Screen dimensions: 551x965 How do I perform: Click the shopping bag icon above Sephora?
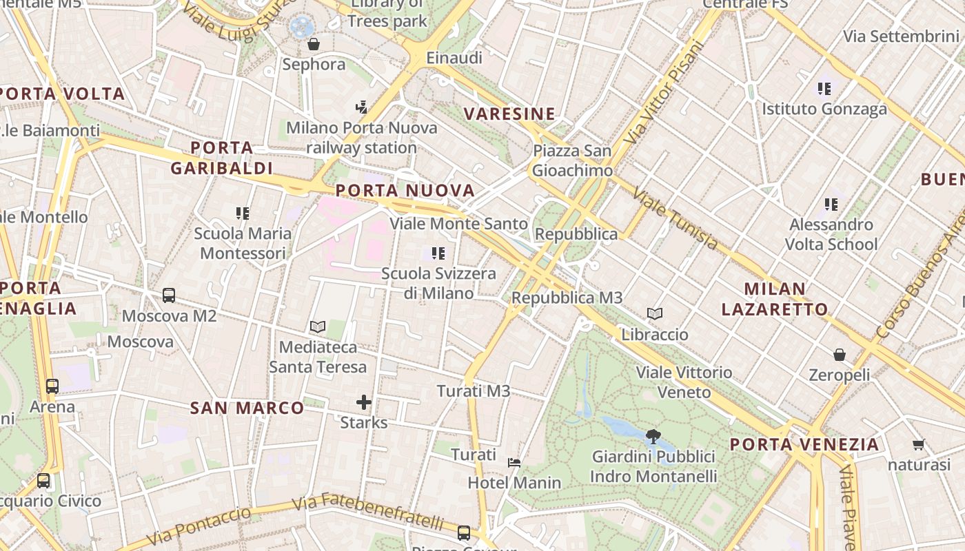tap(314, 45)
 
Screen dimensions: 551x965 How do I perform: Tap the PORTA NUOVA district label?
tap(405, 190)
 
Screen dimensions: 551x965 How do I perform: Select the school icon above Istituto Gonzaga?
tap(824, 89)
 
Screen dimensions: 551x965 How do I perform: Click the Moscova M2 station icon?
tap(169, 295)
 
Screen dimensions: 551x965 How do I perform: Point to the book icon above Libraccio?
tap(655, 314)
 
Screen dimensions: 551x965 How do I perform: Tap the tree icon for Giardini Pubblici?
tap(653, 436)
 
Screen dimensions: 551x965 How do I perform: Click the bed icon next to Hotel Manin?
tap(514, 462)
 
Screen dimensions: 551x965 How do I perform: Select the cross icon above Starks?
tap(364, 402)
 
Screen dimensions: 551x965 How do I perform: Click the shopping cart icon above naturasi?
tap(918, 445)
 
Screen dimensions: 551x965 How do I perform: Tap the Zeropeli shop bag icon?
tap(840, 355)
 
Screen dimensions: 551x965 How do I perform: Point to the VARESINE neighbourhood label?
tap(509, 114)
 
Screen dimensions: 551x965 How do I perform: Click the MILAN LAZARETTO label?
tap(775, 299)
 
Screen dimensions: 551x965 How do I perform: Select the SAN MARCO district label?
tap(247, 408)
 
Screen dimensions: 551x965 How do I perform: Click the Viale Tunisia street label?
tap(675, 219)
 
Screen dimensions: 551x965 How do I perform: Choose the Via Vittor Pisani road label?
tap(664, 93)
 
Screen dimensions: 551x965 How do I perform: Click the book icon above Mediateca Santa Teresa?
tap(318, 326)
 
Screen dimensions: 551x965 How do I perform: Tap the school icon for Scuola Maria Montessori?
tap(242, 214)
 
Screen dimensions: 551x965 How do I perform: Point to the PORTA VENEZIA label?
tap(804, 444)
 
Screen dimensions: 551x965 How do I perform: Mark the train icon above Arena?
tap(52, 386)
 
